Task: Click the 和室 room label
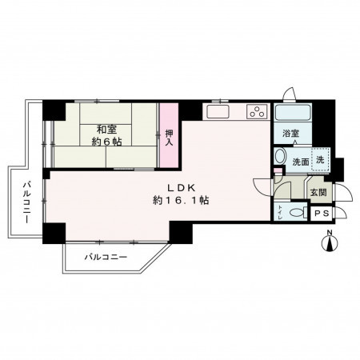coord(106,130)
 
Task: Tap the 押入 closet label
coord(169,138)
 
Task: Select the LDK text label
coord(181,188)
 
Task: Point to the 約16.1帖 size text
coord(181,200)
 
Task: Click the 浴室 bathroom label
coord(291,133)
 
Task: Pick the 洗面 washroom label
coord(301,162)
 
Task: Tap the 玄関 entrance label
coord(318,192)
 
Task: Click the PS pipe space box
coord(322,214)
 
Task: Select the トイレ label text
coord(280,212)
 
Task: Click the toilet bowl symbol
coord(298,213)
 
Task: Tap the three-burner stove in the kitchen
coord(257,111)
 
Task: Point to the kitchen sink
coord(218,111)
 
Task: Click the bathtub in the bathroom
coord(293,112)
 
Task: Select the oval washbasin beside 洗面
coord(280,156)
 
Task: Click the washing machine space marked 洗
coord(321,159)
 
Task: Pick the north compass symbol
coord(330,242)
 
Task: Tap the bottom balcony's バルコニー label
coord(106,258)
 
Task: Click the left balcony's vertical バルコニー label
coord(26,202)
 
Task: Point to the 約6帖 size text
coord(107,142)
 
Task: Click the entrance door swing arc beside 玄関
coord(344,191)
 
